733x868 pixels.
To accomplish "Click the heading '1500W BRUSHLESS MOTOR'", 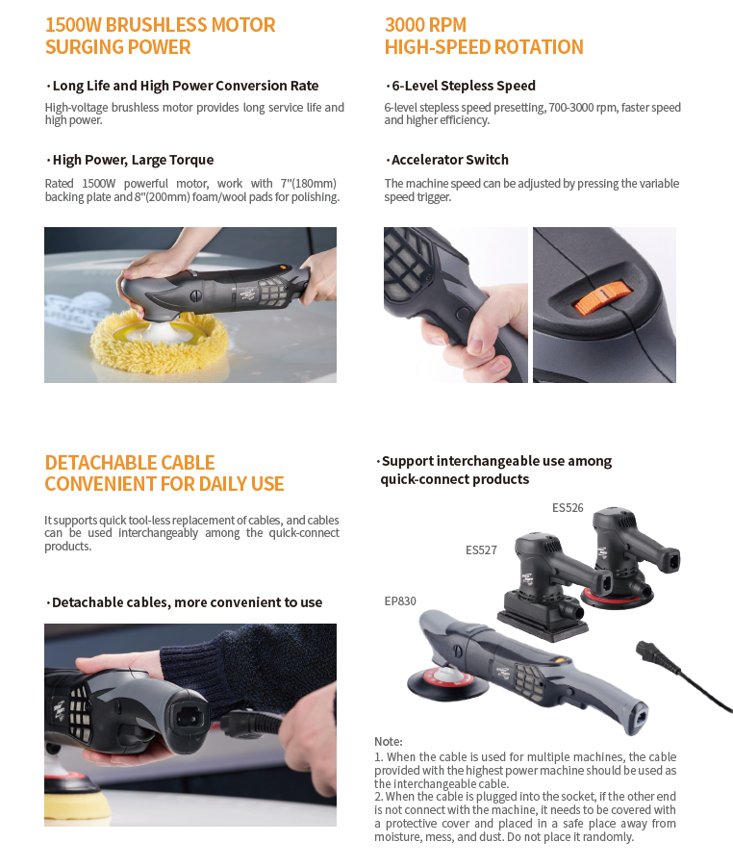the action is tap(160, 25).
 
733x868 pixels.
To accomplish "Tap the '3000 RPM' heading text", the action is tap(425, 25).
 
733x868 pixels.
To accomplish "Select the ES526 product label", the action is tap(568, 508).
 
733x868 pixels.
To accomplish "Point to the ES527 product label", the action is tap(481, 549).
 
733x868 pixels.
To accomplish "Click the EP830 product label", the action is tap(400, 600).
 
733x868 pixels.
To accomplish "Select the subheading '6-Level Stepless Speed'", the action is tap(464, 86).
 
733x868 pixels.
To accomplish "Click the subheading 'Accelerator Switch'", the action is tap(450, 160).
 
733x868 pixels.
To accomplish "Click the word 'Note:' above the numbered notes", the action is tap(389, 741).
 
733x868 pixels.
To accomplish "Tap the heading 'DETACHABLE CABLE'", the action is tap(130, 463).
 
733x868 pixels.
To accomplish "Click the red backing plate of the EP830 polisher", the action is tap(448, 679).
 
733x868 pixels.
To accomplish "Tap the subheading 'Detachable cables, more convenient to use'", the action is tap(187, 602).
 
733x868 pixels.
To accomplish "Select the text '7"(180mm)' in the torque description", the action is tap(308, 183).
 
